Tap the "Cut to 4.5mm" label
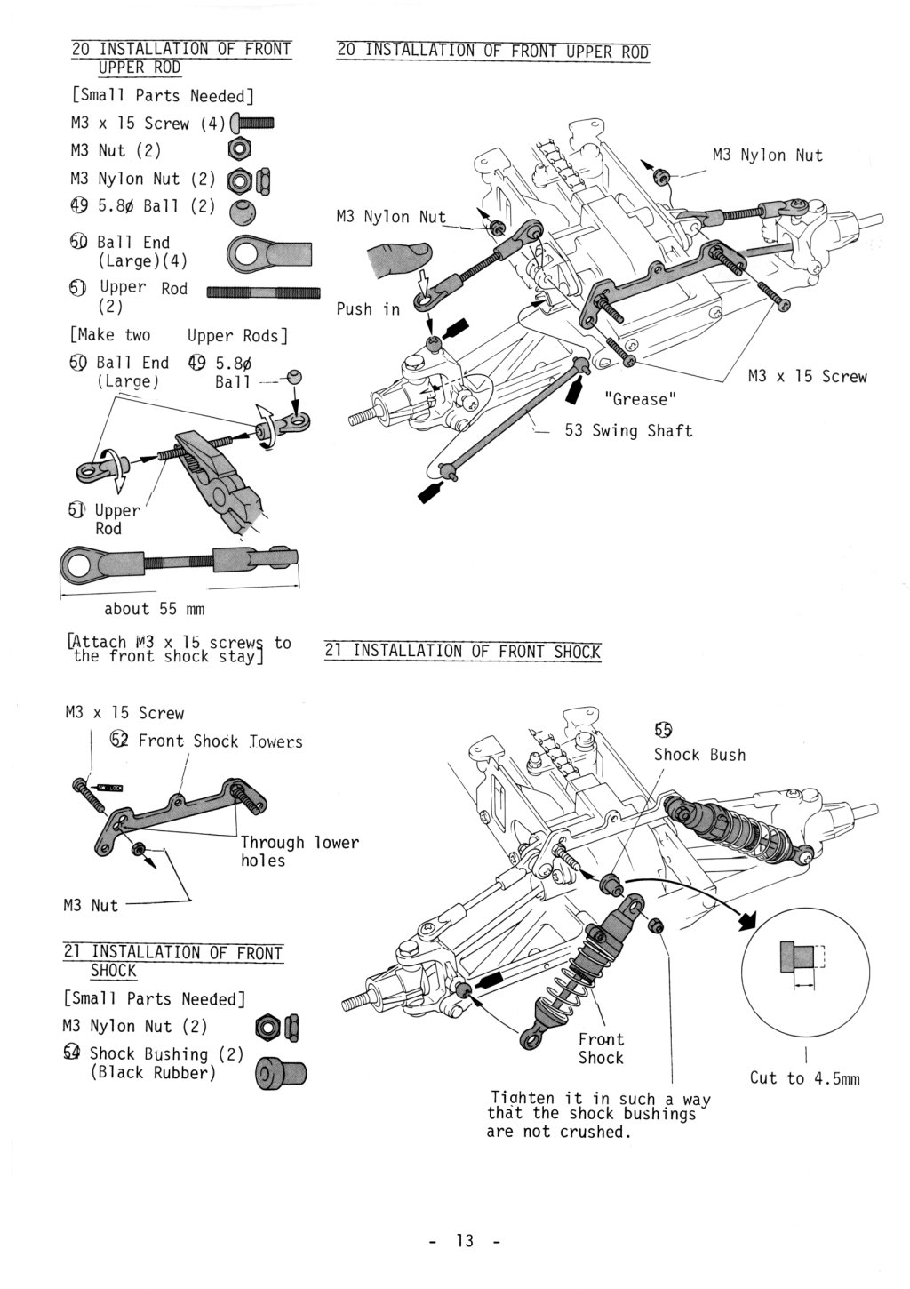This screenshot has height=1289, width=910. [804, 1078]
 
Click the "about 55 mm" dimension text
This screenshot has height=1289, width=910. [154, 609]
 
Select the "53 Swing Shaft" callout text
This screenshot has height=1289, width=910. [628, 430]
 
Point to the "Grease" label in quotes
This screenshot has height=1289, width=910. [640, 399]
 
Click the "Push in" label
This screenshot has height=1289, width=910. [368, 309]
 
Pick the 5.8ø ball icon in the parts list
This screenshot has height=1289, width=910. [243, 212]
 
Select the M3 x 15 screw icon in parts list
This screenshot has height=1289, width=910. [252, 124]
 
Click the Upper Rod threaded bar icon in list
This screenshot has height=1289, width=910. [263, 292]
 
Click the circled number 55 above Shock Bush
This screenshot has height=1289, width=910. [663, 730]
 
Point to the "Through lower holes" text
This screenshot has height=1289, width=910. [299, 851]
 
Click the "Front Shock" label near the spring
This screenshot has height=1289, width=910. [601, 1048]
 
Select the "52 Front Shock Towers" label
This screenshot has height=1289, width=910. [206, 741]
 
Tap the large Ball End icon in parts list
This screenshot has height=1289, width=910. [269, 253]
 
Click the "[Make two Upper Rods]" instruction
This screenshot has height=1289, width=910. [179, 335]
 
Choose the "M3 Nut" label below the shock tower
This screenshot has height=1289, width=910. [91, 905]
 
